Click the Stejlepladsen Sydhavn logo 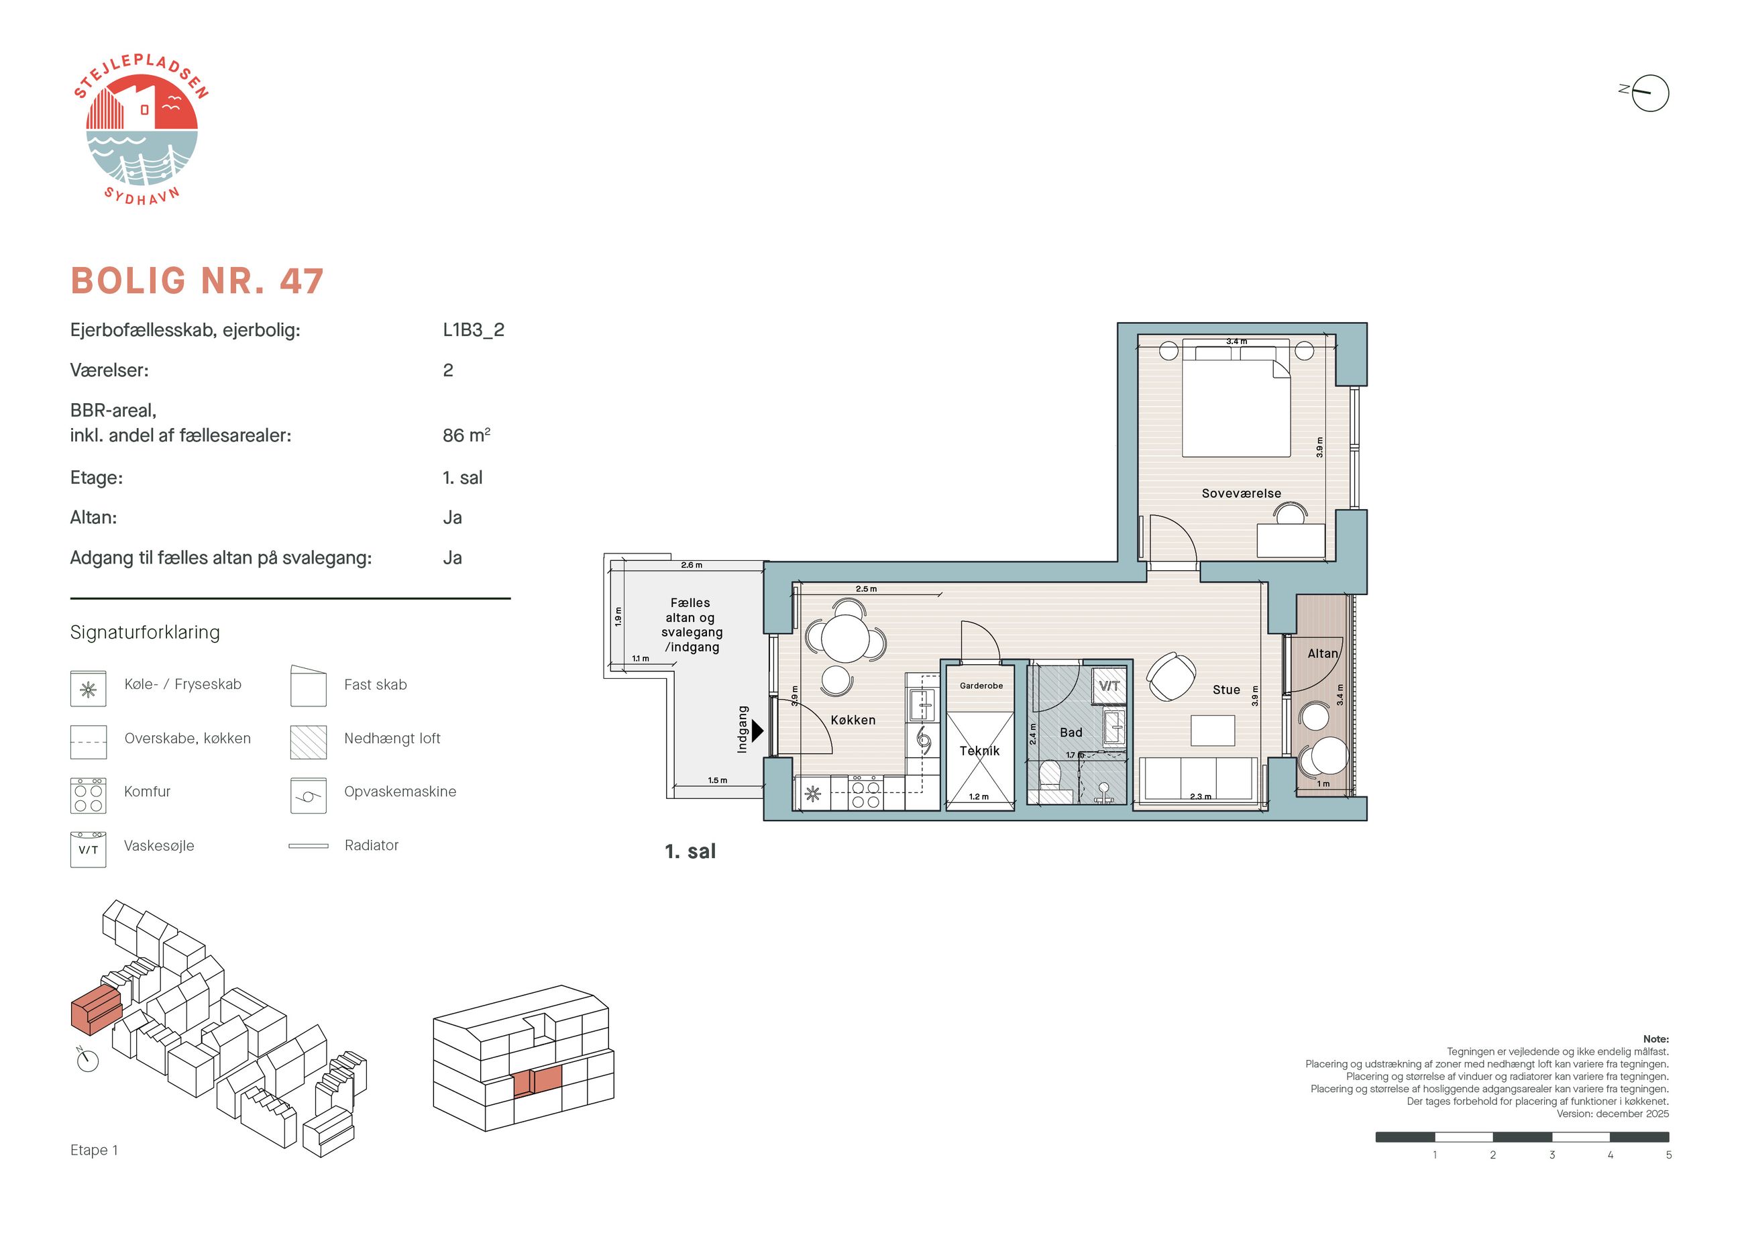tap(142, 130)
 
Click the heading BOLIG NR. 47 tap(197, 281)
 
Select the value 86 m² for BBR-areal tap(466, 435)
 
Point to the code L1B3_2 tap(473, 329)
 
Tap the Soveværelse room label tap(1241, 493)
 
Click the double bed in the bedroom tap(1236, 400)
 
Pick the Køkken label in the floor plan tap(853, 719)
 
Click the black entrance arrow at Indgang tap(757, 731)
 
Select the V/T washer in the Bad tap(1109, 685)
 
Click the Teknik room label tap(979, 751)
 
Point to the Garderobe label tap(981, 685)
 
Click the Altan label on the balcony tap(1323, 653)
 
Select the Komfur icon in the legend tap(88, 796)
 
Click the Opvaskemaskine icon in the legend tap(309, 796)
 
